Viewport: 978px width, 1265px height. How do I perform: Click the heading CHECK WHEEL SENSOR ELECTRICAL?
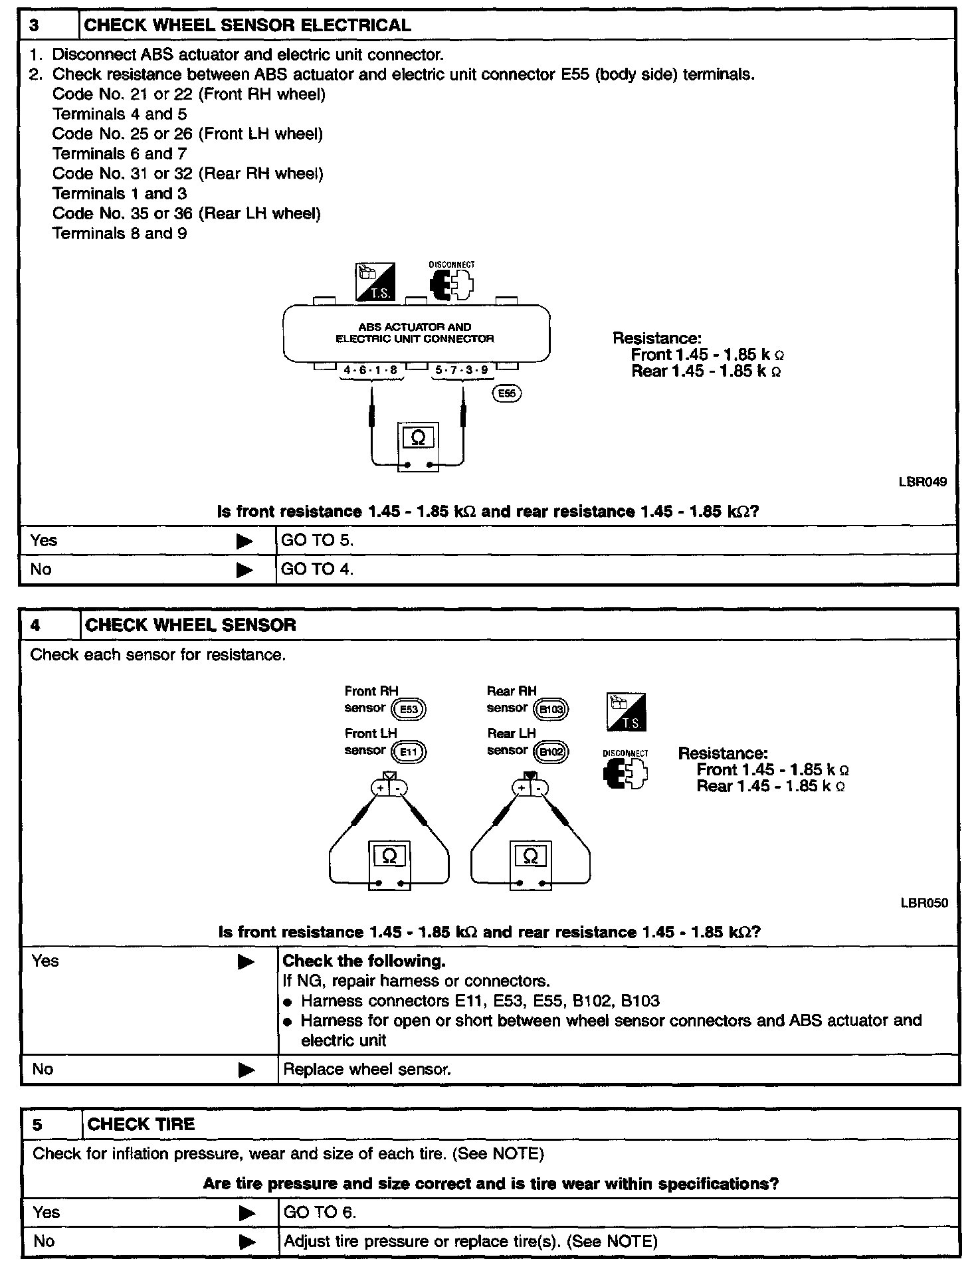click(x=248, y=26)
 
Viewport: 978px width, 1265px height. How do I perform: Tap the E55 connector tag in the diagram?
click(x=507, y=393)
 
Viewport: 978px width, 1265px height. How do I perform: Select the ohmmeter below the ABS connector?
click(x=418, y=446)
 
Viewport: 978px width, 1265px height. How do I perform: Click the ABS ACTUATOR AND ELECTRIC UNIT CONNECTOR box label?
click(x=415, y=333)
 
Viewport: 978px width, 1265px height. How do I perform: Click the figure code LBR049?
click(x=923, y=482)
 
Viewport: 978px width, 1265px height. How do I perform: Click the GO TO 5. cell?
click(x=318, y=541)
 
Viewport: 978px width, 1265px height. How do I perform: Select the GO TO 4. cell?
click(x=318, y=569)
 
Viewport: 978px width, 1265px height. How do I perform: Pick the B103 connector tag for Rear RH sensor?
click(x=551, y=709)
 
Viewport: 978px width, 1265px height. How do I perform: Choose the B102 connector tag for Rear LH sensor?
click(x=551, y=752)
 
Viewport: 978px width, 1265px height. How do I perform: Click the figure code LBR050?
click(x=924, y=903)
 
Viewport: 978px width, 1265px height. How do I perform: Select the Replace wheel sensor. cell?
click(x=367, y=1070)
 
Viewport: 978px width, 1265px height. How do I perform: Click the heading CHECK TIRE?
click(x=141, y=1124)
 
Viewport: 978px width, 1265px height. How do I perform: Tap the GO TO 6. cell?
click(x=320, y=1213)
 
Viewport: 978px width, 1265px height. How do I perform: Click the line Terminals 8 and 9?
click(x=120, y=234)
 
